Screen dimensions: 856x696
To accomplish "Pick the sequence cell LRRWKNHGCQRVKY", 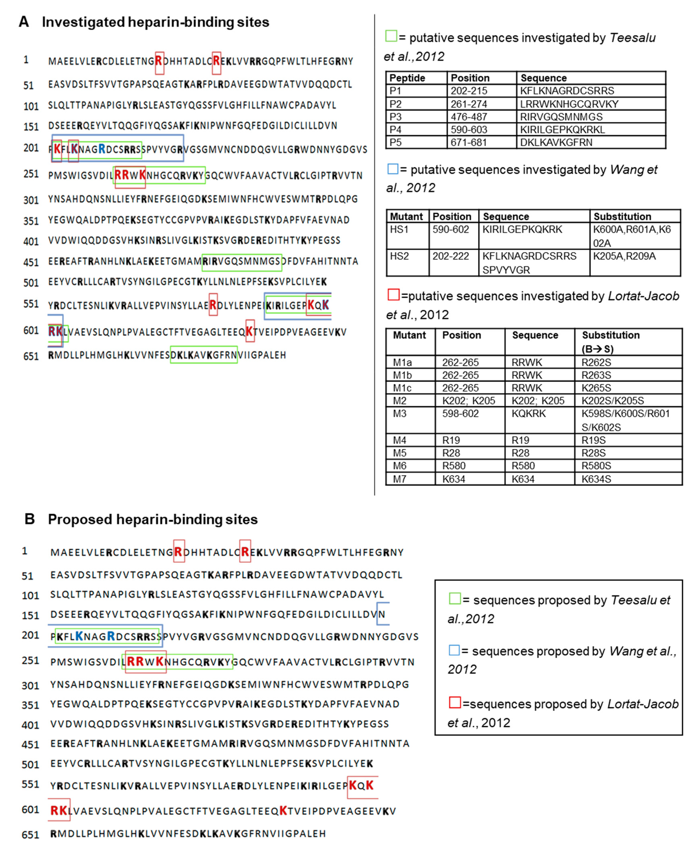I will (569, 104).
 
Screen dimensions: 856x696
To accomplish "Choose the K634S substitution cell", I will (596, 479).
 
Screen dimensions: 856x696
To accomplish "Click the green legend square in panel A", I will (391, 36).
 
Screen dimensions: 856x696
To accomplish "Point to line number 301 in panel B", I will (30, 685).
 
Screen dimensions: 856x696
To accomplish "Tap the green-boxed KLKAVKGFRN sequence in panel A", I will (204, 355).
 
